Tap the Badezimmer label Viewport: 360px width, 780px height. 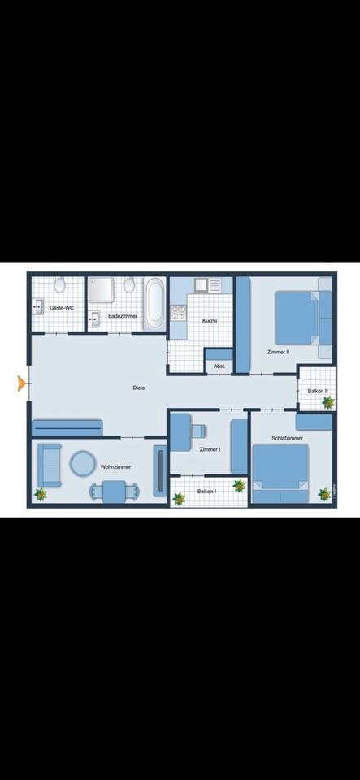click(122, 315)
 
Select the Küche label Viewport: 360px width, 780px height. click(210, 321)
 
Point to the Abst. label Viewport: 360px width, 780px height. click(219, 366)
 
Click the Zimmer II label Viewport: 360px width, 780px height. click(279, 352)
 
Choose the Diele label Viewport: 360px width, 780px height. click(139, 388)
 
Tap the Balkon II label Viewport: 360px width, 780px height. click(318, 391)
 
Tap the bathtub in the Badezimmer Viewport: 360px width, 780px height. click(154, 304)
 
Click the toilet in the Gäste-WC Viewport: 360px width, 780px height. click(59, 286)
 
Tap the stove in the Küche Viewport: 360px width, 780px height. click(201, 285)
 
